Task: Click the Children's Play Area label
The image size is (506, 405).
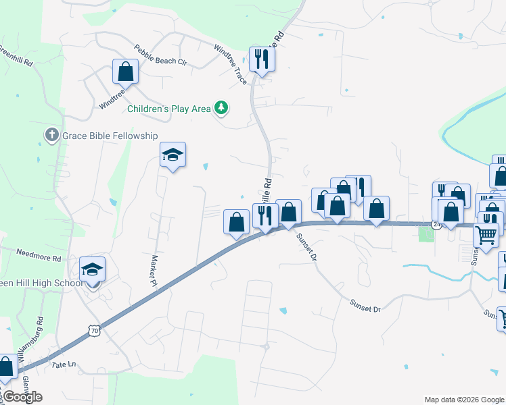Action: (169, 108)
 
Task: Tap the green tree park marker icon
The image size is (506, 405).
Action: (221, 107)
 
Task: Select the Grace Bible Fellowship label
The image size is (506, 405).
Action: (110, 135)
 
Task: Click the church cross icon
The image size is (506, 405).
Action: (51, 135)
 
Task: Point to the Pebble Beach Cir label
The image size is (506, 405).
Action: (160, 55)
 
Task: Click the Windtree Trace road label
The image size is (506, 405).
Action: (231, 63)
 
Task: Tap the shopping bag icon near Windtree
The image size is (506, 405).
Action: (125, 71)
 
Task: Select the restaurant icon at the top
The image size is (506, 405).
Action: (261, 59)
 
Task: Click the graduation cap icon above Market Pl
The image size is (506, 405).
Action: (172, 155)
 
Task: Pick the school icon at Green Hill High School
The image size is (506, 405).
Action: (93, 270)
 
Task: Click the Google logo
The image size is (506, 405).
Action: (22, 397)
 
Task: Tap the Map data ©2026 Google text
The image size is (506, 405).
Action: (463, 400)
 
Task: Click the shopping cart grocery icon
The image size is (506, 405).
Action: (486, 235)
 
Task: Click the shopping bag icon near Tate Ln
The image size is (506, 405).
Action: (5, 368)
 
